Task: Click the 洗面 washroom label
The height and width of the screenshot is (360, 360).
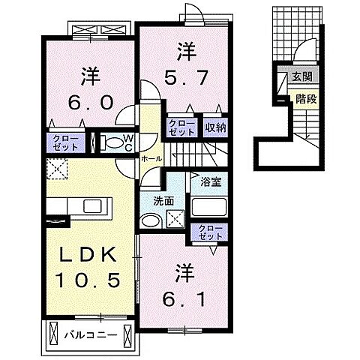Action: (163, 201)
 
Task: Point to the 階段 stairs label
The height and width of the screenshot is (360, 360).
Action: (306, 97)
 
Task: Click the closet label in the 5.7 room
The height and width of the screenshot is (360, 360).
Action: (181, 127)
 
